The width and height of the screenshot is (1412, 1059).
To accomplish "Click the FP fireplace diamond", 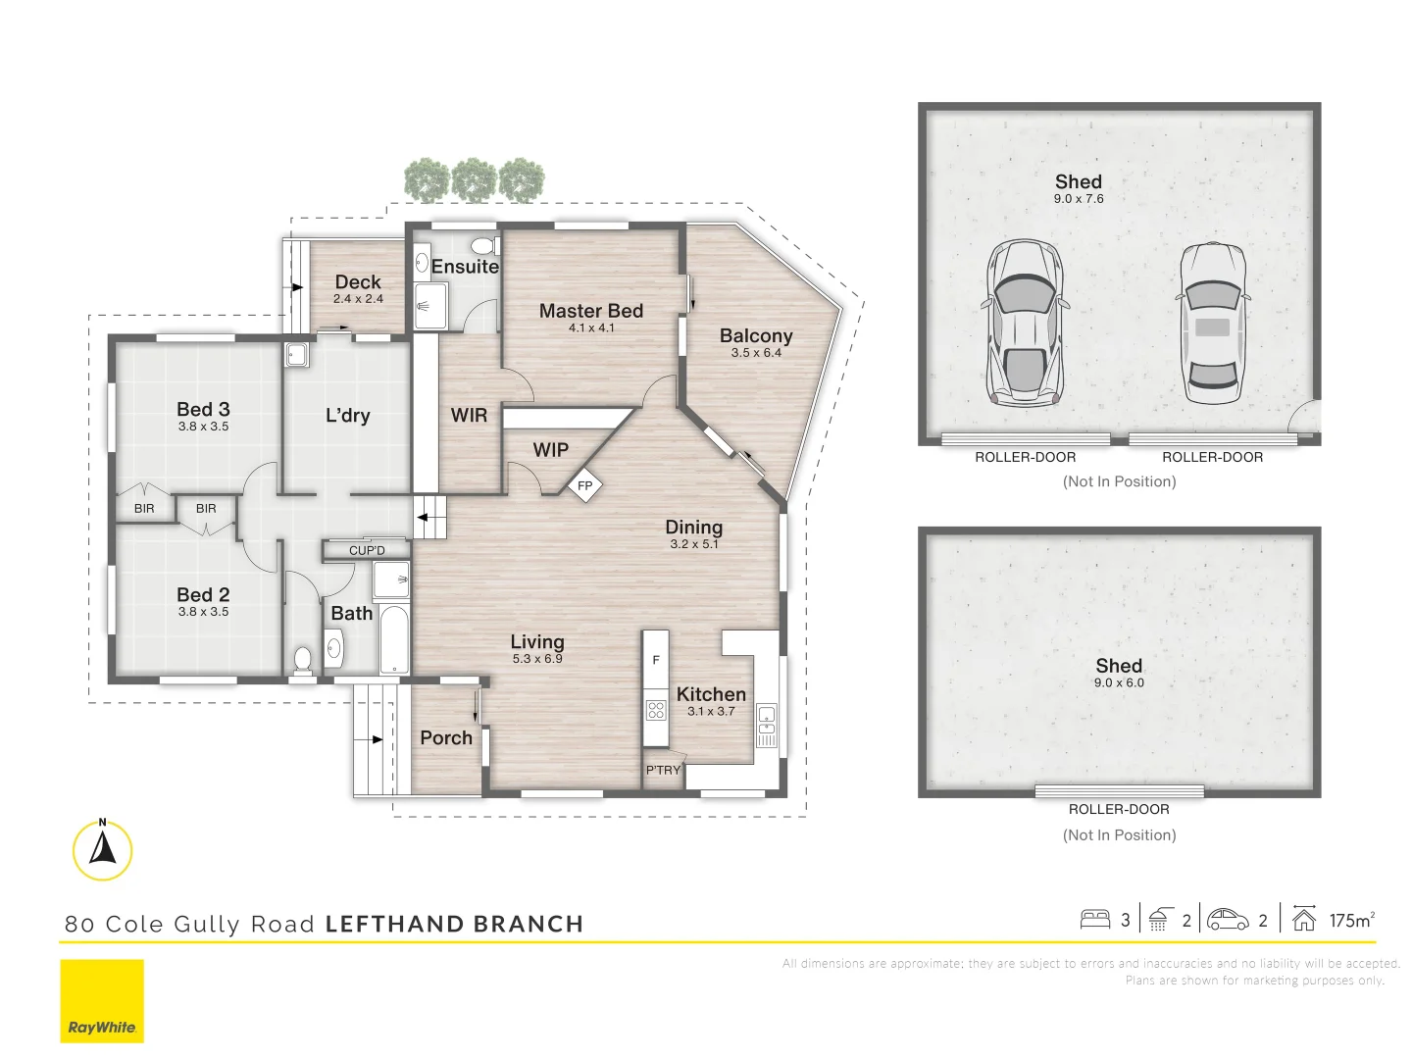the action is pos(584,486).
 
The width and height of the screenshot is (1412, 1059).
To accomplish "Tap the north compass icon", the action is pos(102,850).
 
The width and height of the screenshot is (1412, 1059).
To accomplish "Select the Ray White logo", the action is pos(102,1001).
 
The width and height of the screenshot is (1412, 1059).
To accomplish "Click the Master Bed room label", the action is pos(590,311).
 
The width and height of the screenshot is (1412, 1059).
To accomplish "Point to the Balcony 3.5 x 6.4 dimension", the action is pos(756,353).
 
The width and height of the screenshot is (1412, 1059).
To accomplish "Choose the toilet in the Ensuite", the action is pos(485,245).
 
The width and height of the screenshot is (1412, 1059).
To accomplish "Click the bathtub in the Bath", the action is pos(393,637).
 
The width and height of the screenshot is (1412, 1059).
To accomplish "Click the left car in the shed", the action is pos(1024,324).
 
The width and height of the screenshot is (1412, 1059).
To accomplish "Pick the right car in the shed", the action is pos(1213,324).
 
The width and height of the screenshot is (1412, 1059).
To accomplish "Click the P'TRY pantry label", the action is pos(663,770).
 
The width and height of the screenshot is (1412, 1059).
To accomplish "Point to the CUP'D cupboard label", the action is pos(367,550).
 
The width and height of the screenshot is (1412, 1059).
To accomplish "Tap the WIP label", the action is pos(551,450).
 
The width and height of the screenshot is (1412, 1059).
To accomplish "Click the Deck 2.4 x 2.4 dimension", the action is pos(358,299).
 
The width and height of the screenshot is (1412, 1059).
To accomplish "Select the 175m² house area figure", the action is pos(1352,920).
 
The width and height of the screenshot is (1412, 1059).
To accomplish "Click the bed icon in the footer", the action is pos(1095,920).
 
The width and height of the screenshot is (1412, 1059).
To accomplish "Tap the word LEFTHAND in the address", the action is pos(394,924).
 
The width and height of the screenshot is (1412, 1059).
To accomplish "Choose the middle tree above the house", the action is pos(474,180).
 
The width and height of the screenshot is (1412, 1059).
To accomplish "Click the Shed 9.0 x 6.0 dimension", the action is pos(1120,682).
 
